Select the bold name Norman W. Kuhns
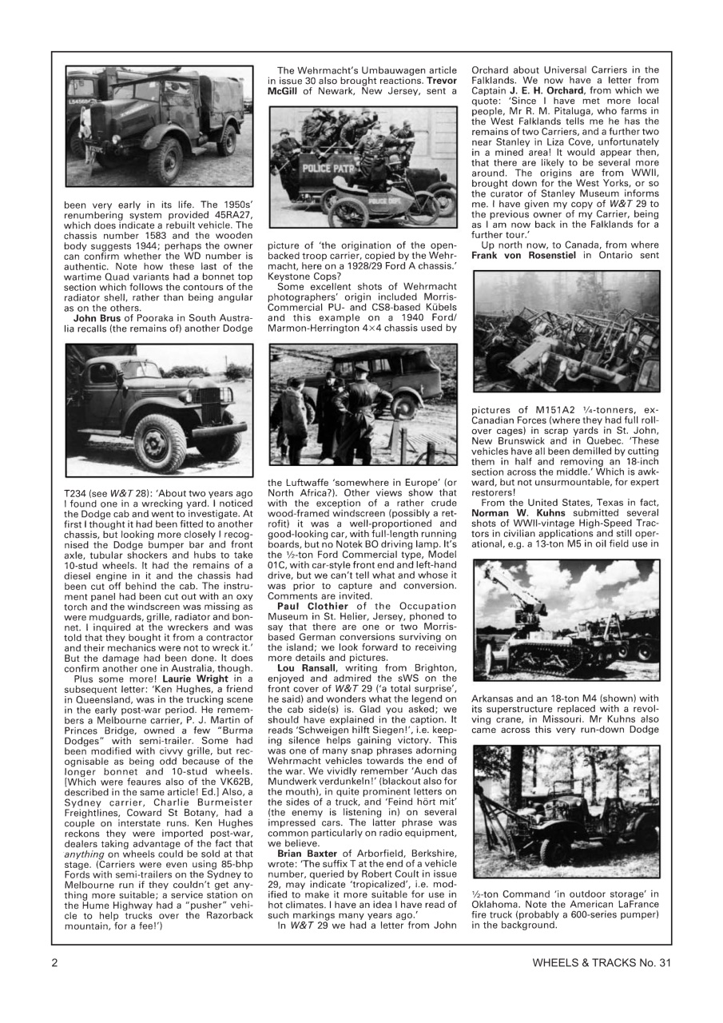(x=510, y=528)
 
